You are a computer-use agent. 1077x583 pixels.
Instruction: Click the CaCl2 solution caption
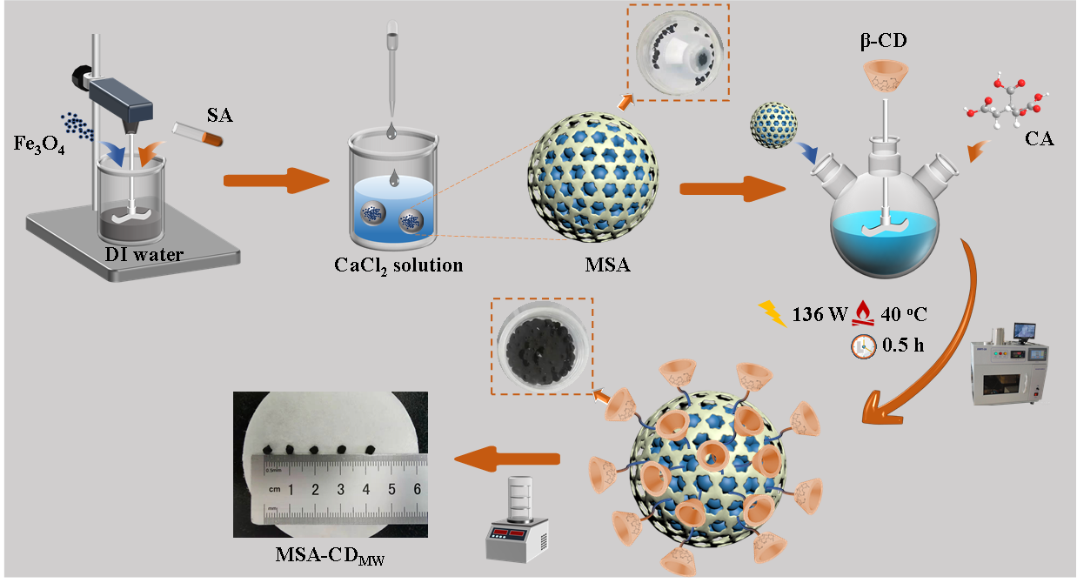coord(398,265)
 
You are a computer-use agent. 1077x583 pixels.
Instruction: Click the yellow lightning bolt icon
coord(773,312)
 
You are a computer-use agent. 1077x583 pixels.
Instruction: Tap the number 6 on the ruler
coord(417,489)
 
